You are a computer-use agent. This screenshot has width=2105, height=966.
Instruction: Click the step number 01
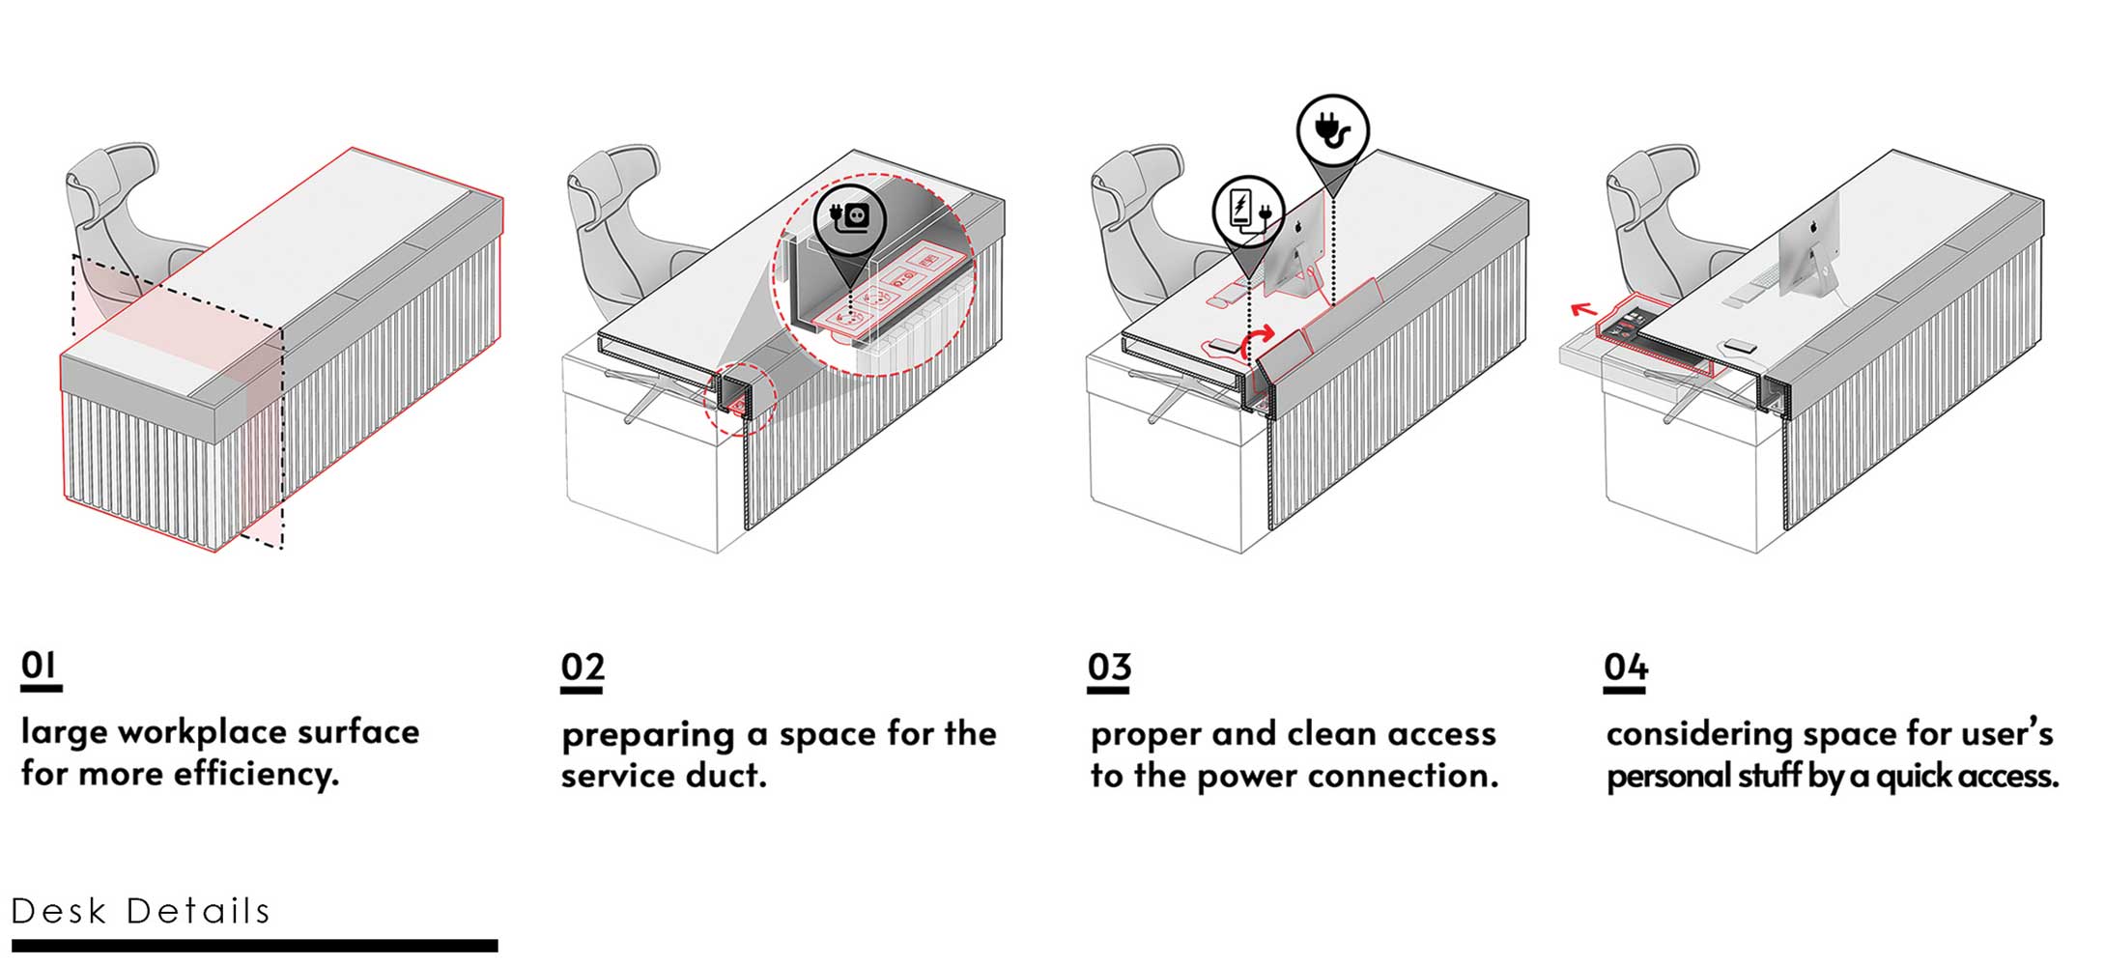coord(40,666)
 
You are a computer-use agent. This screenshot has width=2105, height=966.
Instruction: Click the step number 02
coord(583,668)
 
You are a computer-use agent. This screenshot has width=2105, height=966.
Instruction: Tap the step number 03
coord(1108,668)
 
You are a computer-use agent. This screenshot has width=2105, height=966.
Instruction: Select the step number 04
coord(1625,668)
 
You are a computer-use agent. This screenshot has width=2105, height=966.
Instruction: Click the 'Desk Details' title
coord(141,911)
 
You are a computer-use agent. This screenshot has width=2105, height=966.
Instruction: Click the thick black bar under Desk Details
coord(254,946)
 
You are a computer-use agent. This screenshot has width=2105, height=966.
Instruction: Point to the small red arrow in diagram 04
coord(1582,310)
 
